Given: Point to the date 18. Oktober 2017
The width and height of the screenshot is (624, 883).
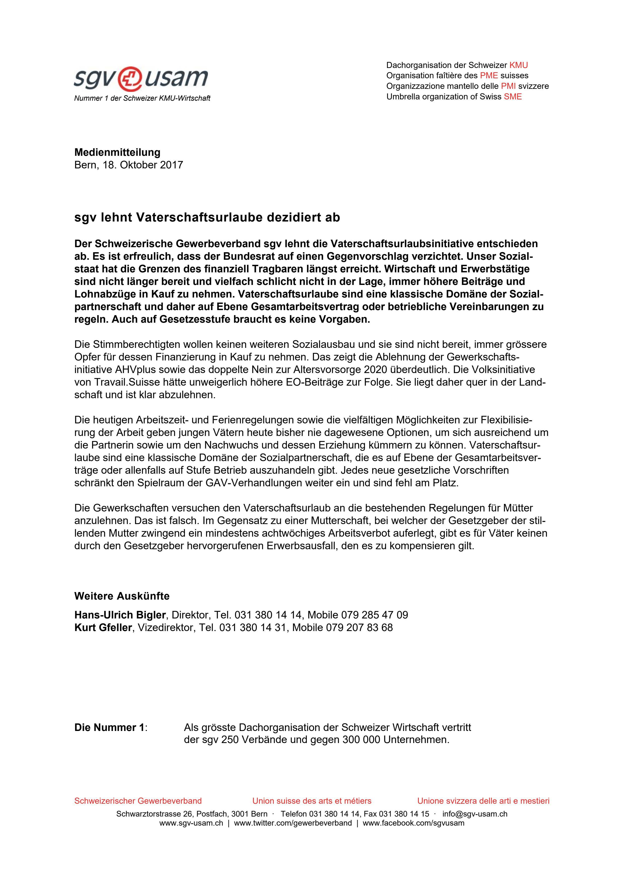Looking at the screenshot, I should click(x=143, y=165).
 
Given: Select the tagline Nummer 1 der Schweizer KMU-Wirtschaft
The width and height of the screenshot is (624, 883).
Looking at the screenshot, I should click(x=142, y=98).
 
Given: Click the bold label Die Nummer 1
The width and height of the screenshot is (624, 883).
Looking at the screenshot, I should click(x=109, y=728).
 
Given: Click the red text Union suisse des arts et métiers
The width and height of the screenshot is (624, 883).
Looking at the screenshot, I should click(x=312, y=801).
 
